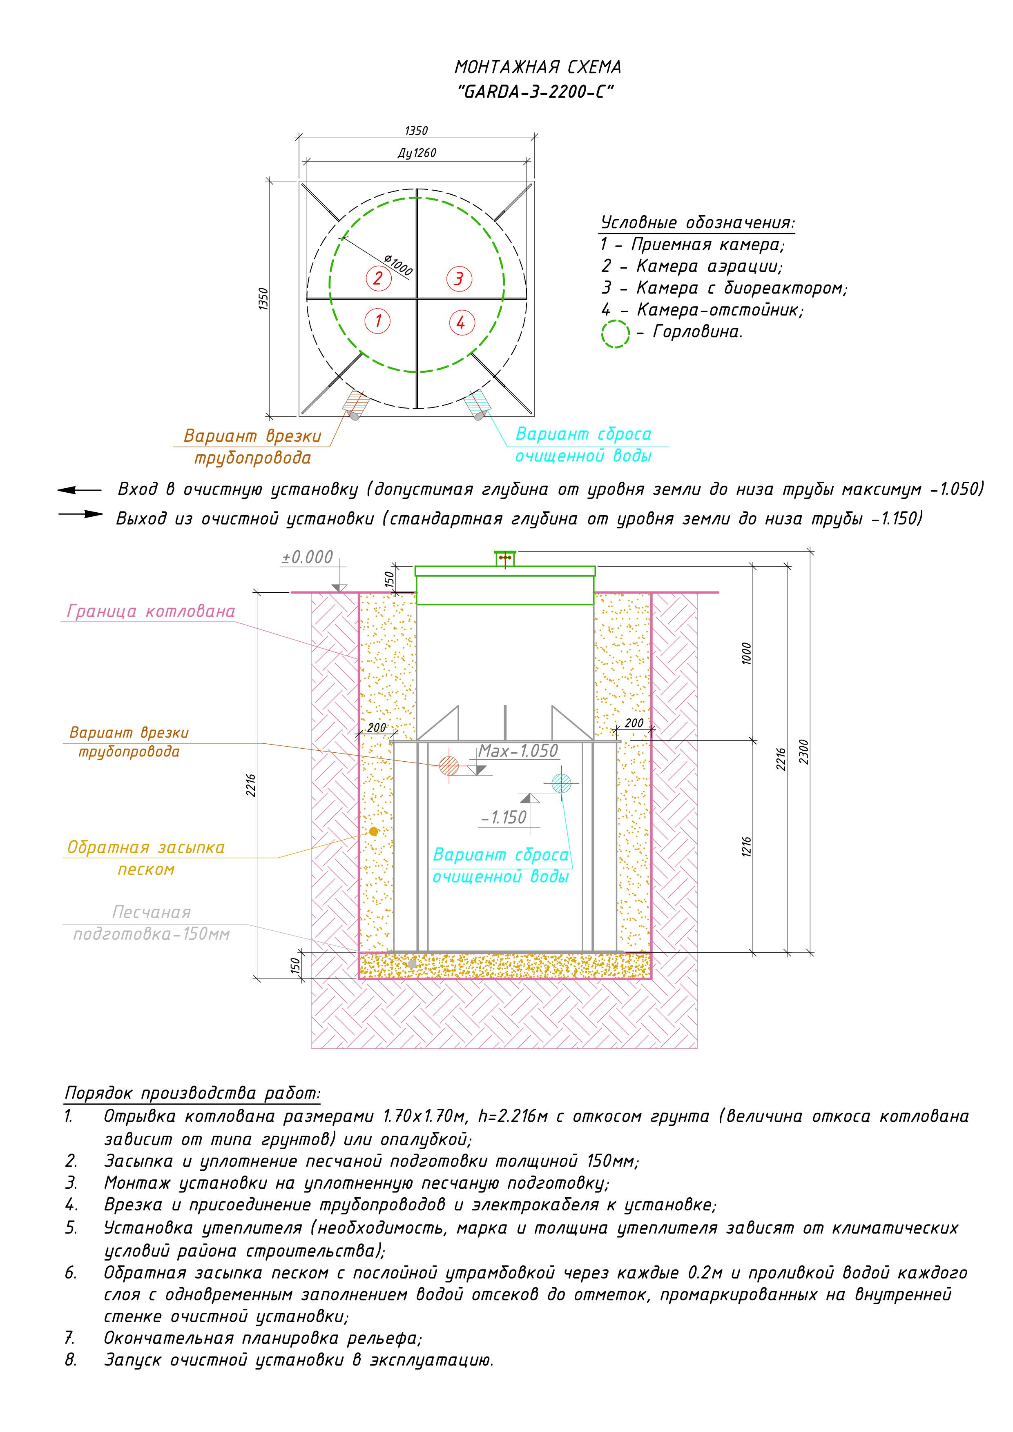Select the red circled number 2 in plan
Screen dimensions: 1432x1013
378,278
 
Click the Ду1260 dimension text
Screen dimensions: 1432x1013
417,153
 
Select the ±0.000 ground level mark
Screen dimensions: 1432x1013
307,557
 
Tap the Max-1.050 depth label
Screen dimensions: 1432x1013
518,751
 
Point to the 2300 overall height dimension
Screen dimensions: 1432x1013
804,751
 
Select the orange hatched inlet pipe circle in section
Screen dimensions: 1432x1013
449,765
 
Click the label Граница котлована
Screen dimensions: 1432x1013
151,611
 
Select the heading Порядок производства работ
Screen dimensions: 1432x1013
192,1093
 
